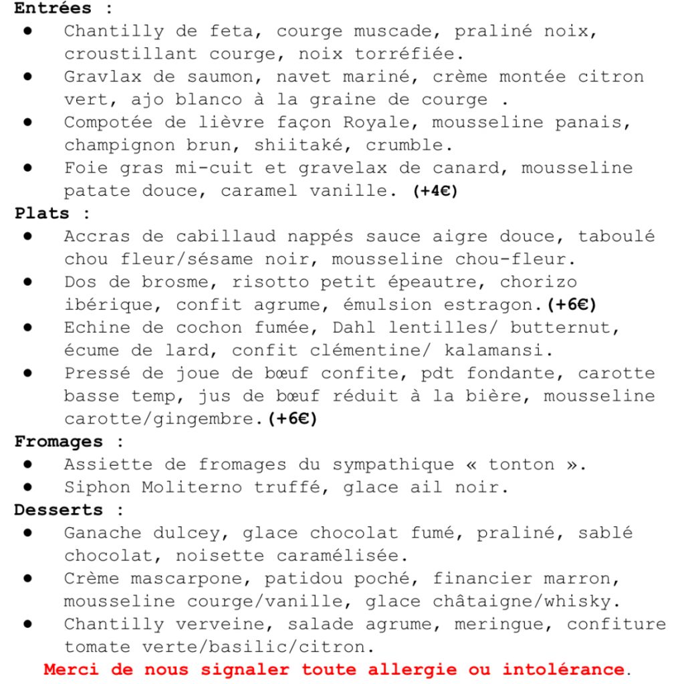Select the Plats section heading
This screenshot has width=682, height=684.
pos(41,214)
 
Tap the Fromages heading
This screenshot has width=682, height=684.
pos(59,442)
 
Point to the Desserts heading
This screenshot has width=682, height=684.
pos(59,510)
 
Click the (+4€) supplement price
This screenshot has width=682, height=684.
pos(435,191)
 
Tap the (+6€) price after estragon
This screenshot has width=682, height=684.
pos(572,305)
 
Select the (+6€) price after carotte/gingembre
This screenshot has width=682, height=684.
pos(292,419)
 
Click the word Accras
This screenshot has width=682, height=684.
pos(97,236)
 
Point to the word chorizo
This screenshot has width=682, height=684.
pos(538,282)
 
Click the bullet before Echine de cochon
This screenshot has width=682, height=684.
pos(28,327)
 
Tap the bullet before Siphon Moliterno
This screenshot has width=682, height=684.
pos(28,487)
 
